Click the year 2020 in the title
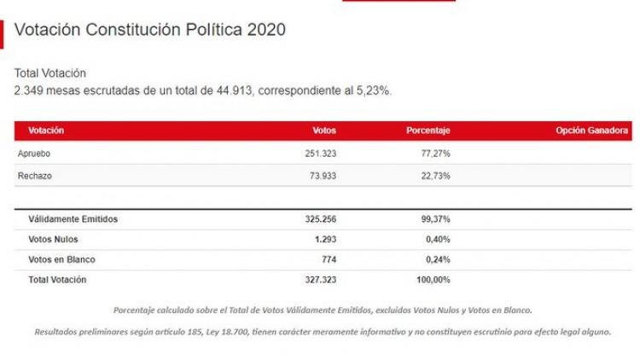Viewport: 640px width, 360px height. [266, 30]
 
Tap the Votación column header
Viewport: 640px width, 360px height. [46, 131]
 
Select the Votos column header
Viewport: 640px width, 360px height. [324, 131]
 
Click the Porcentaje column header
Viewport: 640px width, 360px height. [428, 131]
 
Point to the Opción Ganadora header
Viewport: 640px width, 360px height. [592, 131]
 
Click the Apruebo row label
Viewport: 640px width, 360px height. [34, 154]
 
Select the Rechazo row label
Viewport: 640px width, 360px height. [35, 176]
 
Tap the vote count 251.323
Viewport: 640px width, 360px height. [320, 154]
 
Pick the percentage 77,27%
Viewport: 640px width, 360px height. [435, 154]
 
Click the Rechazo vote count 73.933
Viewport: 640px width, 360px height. [323, 176]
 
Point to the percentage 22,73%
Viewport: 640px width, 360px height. [435, 176]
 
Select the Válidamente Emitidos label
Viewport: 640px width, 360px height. [73, 219]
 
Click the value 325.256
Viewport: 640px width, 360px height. [320, 219]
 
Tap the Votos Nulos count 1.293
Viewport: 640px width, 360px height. [325, 239]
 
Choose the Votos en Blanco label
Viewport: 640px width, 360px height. [61, 259]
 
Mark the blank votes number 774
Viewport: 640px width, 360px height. [329, 259]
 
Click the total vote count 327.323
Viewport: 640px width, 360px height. [320, 280]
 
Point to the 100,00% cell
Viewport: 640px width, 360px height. [433, 280]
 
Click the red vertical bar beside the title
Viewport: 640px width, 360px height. [2, 34]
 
